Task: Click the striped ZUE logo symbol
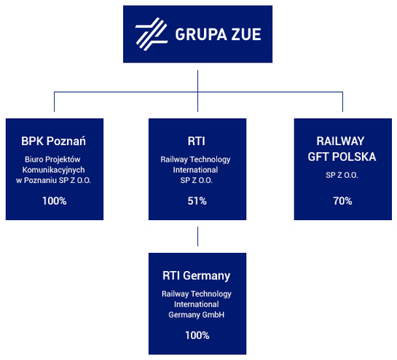point(152,34)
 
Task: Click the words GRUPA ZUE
point(218,34)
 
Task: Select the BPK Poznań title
point(53,141)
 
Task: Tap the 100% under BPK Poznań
point(55,201)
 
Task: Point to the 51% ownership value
point(197,201)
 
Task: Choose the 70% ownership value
point(342,201)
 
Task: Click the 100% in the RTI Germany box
point(197,335)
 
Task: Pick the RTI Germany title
point(197,276)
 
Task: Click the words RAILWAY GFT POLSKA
point(342,149)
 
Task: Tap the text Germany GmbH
point(197,315)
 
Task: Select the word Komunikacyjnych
point(53,170)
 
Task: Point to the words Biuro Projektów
point(52,160)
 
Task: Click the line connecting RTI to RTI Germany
point(197,236)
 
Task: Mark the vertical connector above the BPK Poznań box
point(54,101)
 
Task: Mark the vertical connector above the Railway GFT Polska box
point(342,101)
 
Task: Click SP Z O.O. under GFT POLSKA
point(342,175)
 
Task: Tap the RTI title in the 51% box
point(197,141)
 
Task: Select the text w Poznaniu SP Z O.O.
point(53,181)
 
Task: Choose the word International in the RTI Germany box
point(197,304)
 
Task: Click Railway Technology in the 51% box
point(195,160)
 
